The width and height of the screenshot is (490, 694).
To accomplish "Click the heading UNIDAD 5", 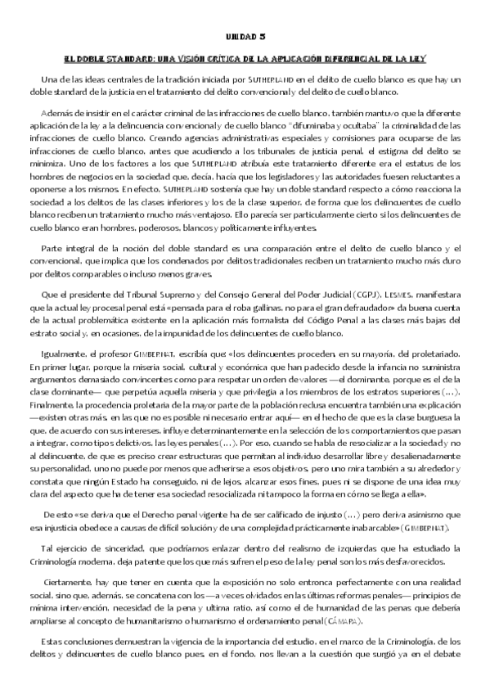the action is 245,38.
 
